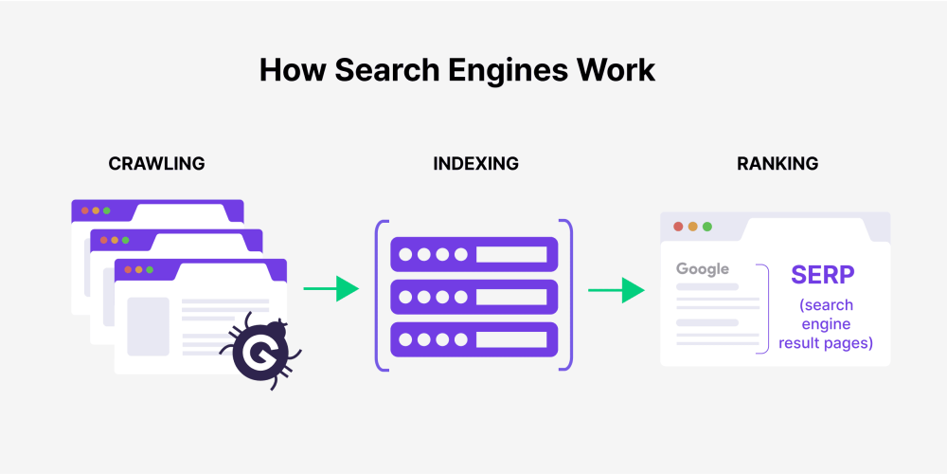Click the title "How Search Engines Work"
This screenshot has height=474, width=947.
[456, 71]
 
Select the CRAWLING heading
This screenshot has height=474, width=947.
[156, 164]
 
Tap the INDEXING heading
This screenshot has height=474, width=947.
[475, 164]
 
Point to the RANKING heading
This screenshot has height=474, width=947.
[777, 164]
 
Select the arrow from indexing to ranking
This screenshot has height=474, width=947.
[616, 290]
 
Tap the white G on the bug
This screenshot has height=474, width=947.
[255, 354]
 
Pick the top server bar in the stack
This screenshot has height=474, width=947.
[474, 254]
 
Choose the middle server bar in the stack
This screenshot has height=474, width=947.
[474, 297]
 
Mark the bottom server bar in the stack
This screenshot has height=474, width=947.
[474, 338]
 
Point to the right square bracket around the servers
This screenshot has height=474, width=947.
[568, 295]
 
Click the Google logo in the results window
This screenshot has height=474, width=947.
[703, 269]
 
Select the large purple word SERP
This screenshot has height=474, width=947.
[823, 275]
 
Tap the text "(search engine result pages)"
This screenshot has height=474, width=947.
[826, 324]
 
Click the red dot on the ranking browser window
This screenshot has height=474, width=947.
[677, 227]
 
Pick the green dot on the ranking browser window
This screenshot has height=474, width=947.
[707, 227]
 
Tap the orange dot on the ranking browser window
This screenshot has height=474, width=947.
[692, 227]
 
